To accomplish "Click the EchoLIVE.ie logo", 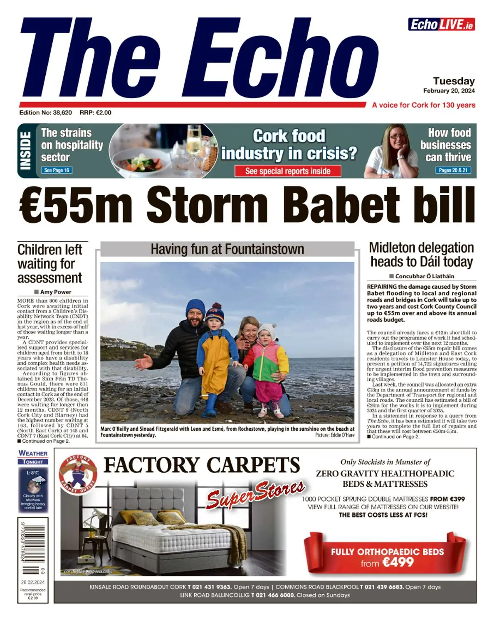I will click(441, 25).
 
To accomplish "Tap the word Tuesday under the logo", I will click(454, 81).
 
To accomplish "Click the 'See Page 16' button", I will click(57, 170).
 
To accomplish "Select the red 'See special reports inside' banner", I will click(288, 171).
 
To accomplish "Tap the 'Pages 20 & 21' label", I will click(453, 170).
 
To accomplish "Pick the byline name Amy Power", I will click(56, 292).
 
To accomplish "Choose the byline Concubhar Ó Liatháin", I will click(425, 276).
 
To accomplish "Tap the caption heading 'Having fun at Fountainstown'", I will click(227, 249).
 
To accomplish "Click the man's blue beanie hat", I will click(195, 307).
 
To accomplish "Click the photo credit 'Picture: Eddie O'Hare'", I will click(335, 435).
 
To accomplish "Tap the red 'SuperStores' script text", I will click(256, 493).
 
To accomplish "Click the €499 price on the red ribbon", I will click(398, 562).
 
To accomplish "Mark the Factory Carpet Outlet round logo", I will click(78, 474).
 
